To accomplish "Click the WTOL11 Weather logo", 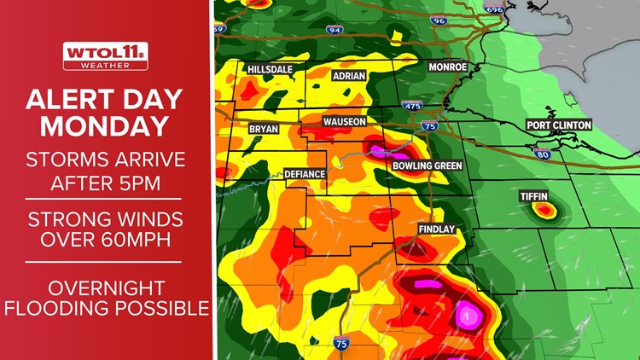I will click(105, 55).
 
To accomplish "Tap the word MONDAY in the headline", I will click(105, 126).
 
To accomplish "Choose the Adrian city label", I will click(348, 76).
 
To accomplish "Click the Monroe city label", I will click(447, 67).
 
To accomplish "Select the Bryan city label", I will click(263, 129).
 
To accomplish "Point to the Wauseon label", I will click(344, 122).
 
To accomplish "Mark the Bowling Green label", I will click(427, 165).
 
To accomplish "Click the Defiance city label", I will click(305, 174).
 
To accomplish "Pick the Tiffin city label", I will click(534, 197).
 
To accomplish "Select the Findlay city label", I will click(436, 230).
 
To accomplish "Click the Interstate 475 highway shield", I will click(411, 106).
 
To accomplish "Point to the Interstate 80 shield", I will click(542, 154).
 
